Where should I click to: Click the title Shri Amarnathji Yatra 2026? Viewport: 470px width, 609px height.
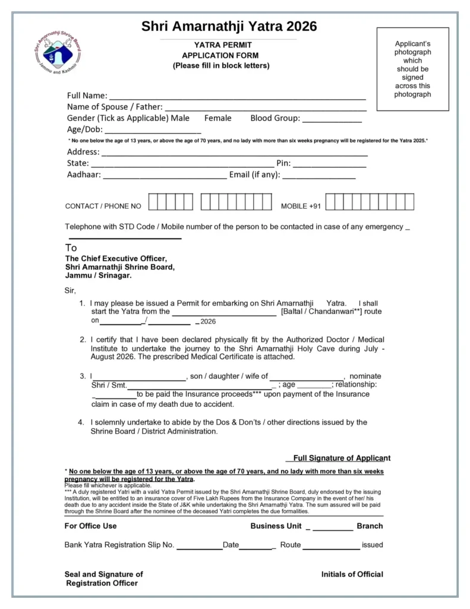tap(229, 26)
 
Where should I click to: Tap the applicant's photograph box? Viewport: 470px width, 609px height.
tap(412, 69)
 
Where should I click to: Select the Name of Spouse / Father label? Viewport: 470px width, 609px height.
tap(115, 107)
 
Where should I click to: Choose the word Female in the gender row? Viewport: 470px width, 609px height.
tap(218, 118)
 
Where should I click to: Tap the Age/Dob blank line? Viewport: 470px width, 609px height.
tap(153, 131)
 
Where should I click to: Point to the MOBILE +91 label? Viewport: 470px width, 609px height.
tap(301, 206)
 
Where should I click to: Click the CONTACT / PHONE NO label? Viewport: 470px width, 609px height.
tap(103, 206)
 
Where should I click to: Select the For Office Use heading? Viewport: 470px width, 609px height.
tap(90, 526)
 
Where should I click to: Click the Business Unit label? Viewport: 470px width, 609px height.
tap(276, 526)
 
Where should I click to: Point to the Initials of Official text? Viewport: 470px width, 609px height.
tap(352, 574)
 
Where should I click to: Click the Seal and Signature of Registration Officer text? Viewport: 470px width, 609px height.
tap(103, 579)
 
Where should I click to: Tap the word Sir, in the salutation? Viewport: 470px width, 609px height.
tap(70, 291)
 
